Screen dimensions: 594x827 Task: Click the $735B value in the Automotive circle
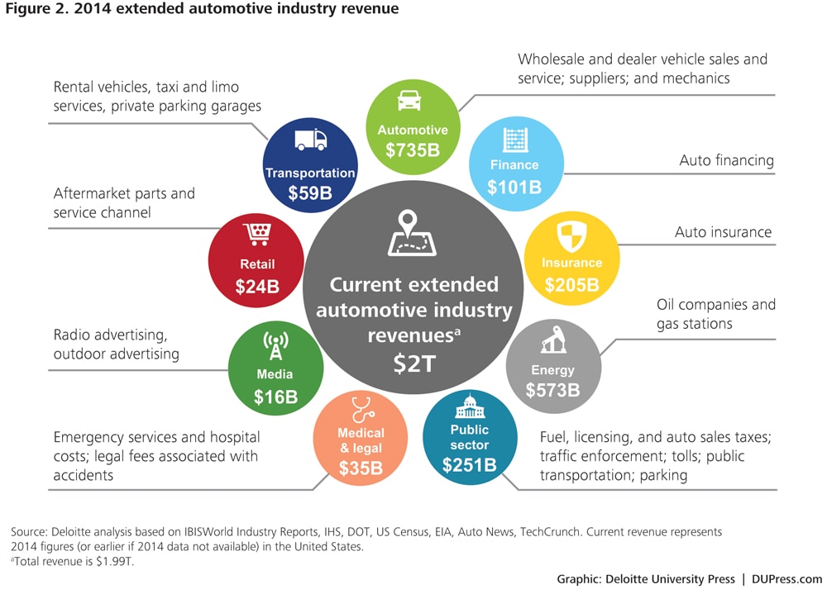413,150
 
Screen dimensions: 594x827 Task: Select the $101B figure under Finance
514,187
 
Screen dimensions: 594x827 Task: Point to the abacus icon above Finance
516,139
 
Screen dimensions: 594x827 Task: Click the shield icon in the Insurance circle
572,236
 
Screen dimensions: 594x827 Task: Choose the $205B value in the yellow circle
571,285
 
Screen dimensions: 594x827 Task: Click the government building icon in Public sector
469,406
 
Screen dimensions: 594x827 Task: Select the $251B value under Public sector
469,465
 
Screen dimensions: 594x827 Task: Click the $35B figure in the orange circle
361,468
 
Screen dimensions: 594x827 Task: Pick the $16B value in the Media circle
275,397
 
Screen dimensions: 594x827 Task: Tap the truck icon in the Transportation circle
310,140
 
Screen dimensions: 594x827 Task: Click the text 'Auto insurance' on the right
723,232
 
